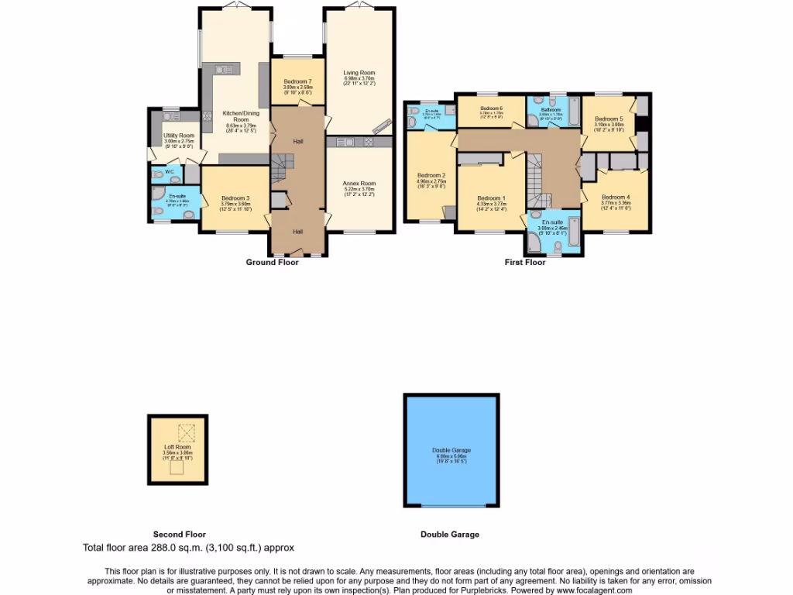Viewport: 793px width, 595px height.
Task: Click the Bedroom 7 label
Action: pyautogui.click(x=297, y=82)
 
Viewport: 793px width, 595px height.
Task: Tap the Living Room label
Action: pyautogui.click(x=359, y=73)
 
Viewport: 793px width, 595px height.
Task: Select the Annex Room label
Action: pyautogui.click(x=359, y=184)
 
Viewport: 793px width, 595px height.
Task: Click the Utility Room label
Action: pyautogui.click(x=178, y=136)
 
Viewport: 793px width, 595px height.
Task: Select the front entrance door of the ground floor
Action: pyautogui.click(x=297, y=252)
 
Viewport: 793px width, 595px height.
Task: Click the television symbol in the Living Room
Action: pyautogui.click(x=383, y=127)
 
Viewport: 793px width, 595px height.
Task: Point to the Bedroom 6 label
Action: pyautogui.click(x=491, y=108)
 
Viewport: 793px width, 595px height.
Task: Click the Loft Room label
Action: pyautogui.click(x=177, y=447)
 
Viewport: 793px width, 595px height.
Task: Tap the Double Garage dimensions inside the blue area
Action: pyautogui.click(x=451, y=459)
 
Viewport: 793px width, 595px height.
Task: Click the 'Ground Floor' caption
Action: pyautogui.click(x=272, y=263)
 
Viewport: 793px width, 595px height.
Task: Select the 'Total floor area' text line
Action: pyautogui.click(x=188, y=548)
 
